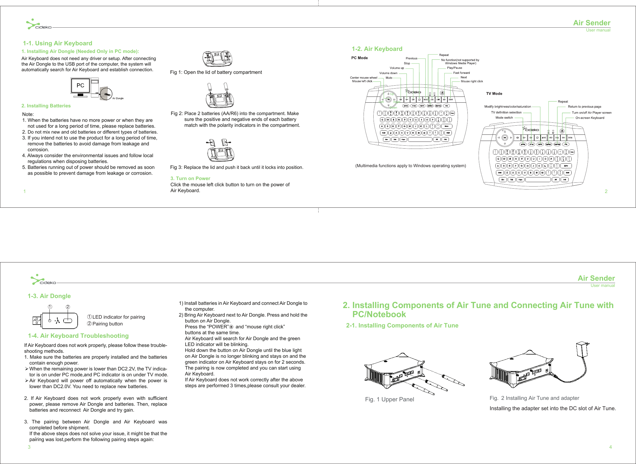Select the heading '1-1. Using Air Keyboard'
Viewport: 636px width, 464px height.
[58, 43]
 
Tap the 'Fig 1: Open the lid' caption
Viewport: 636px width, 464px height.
[216, 72]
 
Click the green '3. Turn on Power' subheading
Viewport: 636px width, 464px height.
[190, 178]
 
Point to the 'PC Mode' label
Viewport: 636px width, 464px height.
[359, 58]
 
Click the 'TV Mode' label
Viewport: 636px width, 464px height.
[494, 94]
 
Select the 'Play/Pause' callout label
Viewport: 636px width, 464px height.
[454, 68]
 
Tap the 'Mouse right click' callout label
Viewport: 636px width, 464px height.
[472, 82]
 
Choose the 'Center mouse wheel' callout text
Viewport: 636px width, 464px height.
[364, 78]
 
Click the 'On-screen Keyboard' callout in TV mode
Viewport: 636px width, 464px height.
[590, 118]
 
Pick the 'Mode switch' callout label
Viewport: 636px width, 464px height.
[504, 118]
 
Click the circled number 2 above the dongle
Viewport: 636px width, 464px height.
[68, 307]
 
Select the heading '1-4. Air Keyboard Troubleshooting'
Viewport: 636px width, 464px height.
[78, 336]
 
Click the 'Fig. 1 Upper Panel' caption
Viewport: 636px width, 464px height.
[389, 399]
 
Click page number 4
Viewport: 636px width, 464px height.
[610, 447]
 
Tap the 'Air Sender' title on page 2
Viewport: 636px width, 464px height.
[592, 23]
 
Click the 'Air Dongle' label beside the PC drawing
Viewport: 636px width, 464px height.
[118, 98]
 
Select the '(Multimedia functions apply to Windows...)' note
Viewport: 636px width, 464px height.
[411, 166]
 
